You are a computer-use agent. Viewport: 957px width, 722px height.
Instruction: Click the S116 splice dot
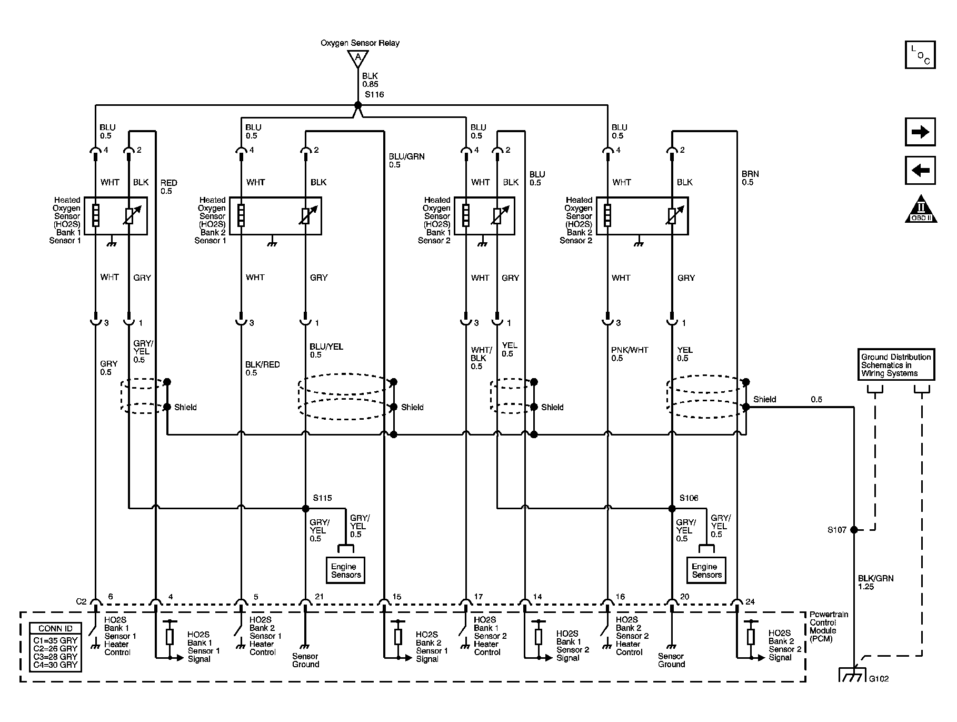[x=358, y=105]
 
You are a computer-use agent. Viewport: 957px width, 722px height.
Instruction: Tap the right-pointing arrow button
[x=920, y=132]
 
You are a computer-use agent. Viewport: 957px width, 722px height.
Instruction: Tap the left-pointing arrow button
[x=920, y=171]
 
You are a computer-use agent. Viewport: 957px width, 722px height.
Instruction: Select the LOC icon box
[x=920, y=55]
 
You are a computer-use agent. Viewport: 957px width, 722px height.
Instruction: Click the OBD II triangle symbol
[x=921, y=210]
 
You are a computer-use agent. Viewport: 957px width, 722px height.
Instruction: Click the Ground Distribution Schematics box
[x=896, y=364]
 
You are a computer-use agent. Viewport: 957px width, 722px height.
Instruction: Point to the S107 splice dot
[x=854, y=530]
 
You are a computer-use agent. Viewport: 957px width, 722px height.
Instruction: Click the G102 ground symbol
[x=852, y=675]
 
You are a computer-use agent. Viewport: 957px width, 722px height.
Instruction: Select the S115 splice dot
[x=305, y=509]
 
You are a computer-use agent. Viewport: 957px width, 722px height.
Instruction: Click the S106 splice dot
[x=672, y=509]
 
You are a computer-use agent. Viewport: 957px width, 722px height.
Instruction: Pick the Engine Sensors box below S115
[x=346, y=570]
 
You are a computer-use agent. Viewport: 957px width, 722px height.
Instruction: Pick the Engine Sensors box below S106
[x=706, y=570]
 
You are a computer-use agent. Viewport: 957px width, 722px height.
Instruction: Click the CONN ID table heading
[x=55, y=628]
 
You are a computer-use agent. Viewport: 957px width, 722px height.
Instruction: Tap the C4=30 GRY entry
[x=55, y=665]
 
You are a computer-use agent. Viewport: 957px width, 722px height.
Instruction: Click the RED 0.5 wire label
[x=169, y=187]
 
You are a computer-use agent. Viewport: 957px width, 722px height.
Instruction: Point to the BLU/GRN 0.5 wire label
[x=406, y=161]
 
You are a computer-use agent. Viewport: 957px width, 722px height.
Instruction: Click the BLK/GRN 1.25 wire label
[x=876, y=582]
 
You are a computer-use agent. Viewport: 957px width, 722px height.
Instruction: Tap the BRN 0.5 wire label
[x=750, y=178]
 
